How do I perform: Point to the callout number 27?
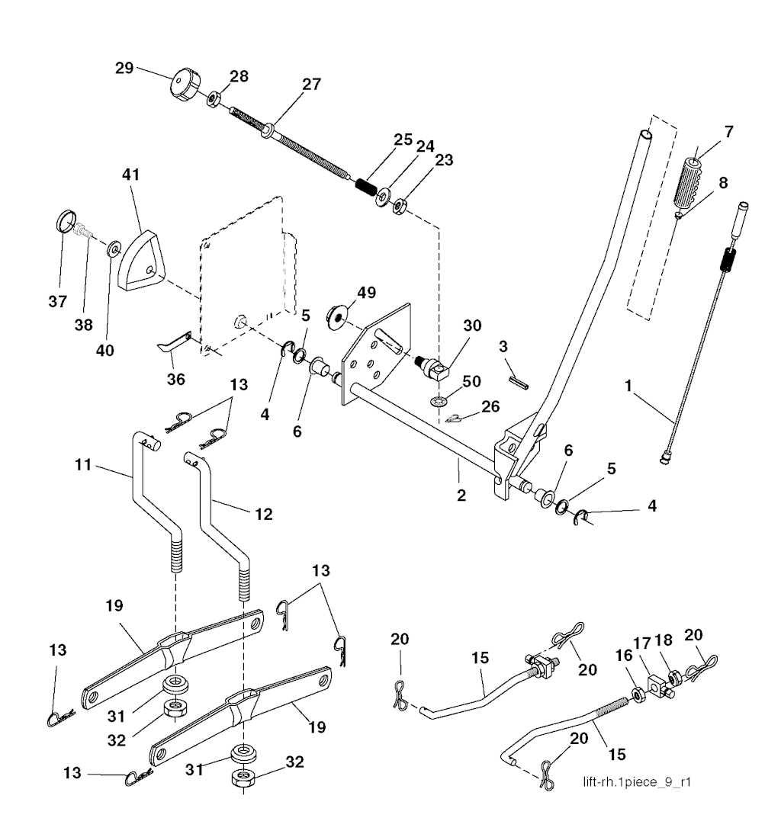click(x=310, y=85)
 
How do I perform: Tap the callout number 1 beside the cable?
click(x=630, y=387)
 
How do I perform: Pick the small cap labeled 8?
click(x=678, y=216)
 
